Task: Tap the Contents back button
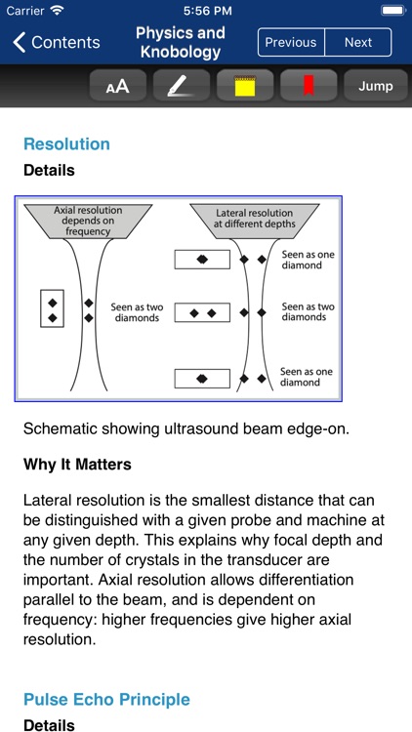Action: coord(57,42)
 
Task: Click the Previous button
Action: coord(291,42)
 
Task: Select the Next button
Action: coord(358,42)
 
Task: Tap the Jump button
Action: coord(375,86)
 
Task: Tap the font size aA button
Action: coord(117,86)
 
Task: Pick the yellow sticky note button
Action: coord(245,86)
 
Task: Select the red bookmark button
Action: coord(309,86)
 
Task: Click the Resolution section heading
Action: coord(66,144)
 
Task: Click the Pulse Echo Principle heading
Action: coord(106,699)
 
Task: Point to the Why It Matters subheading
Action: coord(77,464)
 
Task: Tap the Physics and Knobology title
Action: coord(180,42)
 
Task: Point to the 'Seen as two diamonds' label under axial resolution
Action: coord(136,312)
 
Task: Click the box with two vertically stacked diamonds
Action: coord(52,308)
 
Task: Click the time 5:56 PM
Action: coord(205,10)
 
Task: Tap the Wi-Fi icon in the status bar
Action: coord(57,10)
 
